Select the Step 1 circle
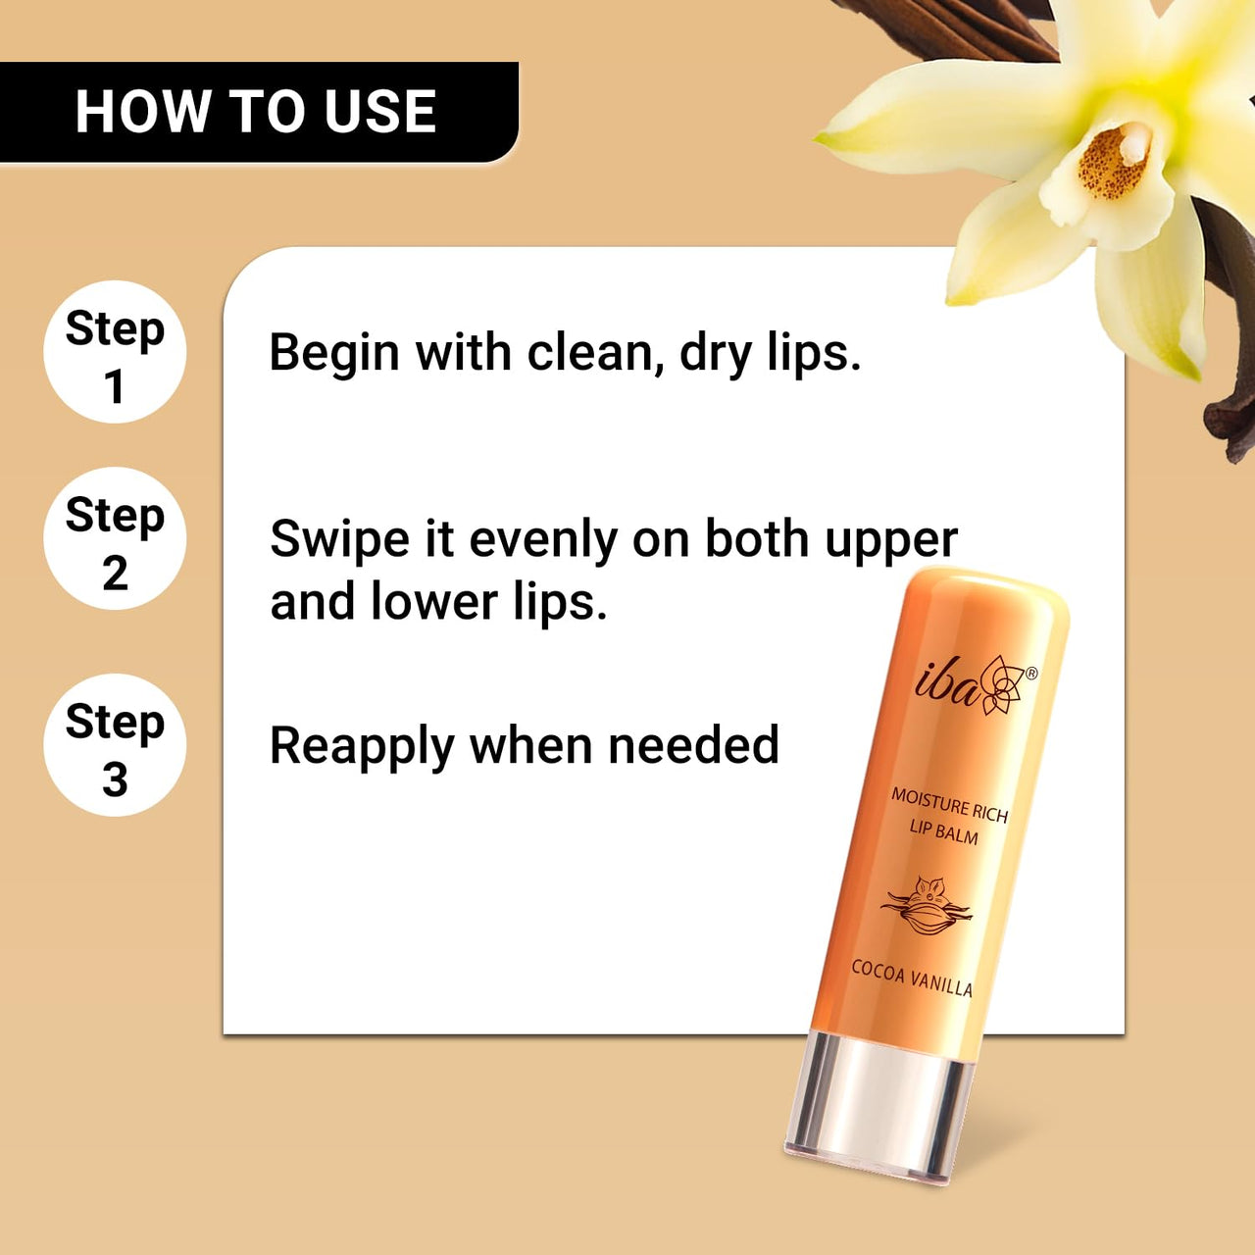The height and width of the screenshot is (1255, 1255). pos(115,352)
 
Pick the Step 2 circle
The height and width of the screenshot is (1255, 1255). pos(115,538)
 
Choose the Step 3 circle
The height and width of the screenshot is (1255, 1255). pos(115,745)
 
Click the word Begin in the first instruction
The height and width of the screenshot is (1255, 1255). pos(333,353)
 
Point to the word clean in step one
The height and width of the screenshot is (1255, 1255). pos(589,353)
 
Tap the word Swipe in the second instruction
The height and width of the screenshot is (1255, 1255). pos(339,540)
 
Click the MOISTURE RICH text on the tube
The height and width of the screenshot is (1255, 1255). pos(949,805)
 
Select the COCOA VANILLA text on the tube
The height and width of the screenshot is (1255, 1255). pos(912,978)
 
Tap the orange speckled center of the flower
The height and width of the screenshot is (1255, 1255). pos(1113,162)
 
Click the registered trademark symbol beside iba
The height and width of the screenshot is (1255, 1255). pos(1031,674)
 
